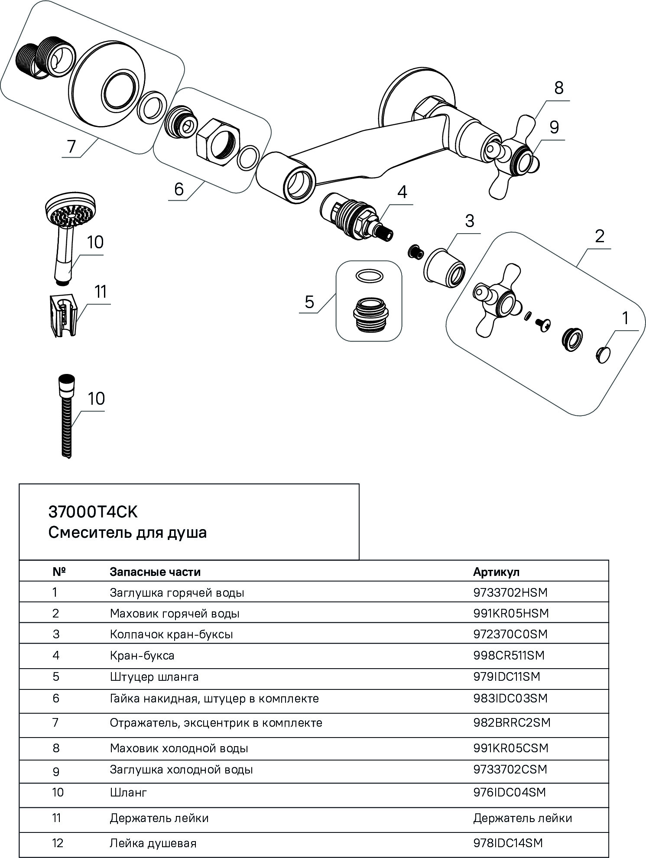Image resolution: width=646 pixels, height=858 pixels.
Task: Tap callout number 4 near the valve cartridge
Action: [x=402, y=192]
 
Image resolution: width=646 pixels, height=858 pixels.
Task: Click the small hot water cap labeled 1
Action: [x=603, y=354]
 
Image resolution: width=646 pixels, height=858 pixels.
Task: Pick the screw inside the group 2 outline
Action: [x=542, y=323]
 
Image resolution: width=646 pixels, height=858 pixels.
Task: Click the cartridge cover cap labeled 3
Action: [x=444, y=266]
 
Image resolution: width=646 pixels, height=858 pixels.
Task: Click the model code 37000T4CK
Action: [x=93, y=512]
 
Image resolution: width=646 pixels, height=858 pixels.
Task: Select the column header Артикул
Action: [x=496, y=572]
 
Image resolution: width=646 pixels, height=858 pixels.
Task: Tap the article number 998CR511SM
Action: [x=509, y=655]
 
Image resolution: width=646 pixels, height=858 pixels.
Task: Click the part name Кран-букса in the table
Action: [x=142, y=655]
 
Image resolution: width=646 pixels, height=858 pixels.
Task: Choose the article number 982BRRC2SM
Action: [x=512, y=722]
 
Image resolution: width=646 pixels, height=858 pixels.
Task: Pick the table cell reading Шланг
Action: [x=129, y=793]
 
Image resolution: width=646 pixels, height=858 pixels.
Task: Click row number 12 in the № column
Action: [x=57, y=843]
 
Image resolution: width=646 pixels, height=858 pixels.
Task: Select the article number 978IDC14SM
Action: [x=508, y=843]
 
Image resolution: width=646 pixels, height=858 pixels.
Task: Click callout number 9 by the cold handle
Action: [x=554, y=127]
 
